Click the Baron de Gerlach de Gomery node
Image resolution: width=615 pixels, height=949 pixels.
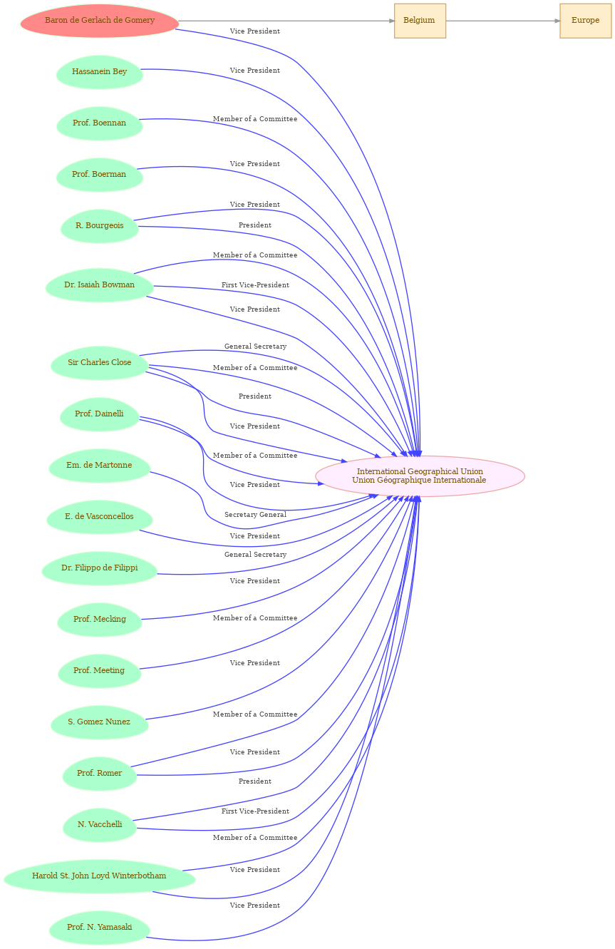pyautogui.click(x=100, y=21)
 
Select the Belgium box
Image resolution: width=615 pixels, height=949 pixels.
pyautogui.click(x=420, y=21)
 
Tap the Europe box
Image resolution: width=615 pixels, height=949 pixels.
pyautogui.click(x=585, y=21)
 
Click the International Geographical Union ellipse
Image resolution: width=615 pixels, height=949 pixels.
pyautogui.click(x=420, y=476)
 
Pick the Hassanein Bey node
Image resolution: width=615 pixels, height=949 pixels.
pyautogui.click(x=100, y=72)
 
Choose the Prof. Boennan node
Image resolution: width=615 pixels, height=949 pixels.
pyautogui.click(x=100, y=123)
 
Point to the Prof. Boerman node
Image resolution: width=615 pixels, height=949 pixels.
pyautogui.click(x=100, y=175)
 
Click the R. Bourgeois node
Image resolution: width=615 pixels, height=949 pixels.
pyautogui.click(x=100, y=226)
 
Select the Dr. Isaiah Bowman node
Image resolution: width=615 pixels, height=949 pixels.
pyautogui.click(x=100, y=285)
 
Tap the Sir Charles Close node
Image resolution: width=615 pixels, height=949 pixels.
pyautogui.click(x=100, y=363)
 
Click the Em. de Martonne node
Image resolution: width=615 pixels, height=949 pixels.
pyautogui.click(x=100, y=465)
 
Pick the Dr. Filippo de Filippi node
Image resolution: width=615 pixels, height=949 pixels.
pyautogui.click(x=100, y=568)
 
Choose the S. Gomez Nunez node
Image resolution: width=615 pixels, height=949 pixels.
pyautogui.click(x=100, y=722)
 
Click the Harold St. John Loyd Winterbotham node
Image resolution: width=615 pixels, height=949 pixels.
pyautogui.click(x=100, y=876)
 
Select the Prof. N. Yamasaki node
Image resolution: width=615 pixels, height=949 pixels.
pyautogui.click(x=100, y=928)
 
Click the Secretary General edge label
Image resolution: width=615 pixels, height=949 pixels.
pyautogui.click(x=255, y=515)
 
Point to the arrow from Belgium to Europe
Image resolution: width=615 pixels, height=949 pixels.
pyautogui.click(x=502, y=21)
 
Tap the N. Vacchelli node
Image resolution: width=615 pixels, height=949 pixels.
pyautogui.click(x=100, y=824)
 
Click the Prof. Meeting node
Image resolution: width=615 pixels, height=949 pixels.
pyautogui.click(x=100, y=671)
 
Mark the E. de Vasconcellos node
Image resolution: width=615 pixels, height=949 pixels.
pyautogui.click(x=100, y=517)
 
